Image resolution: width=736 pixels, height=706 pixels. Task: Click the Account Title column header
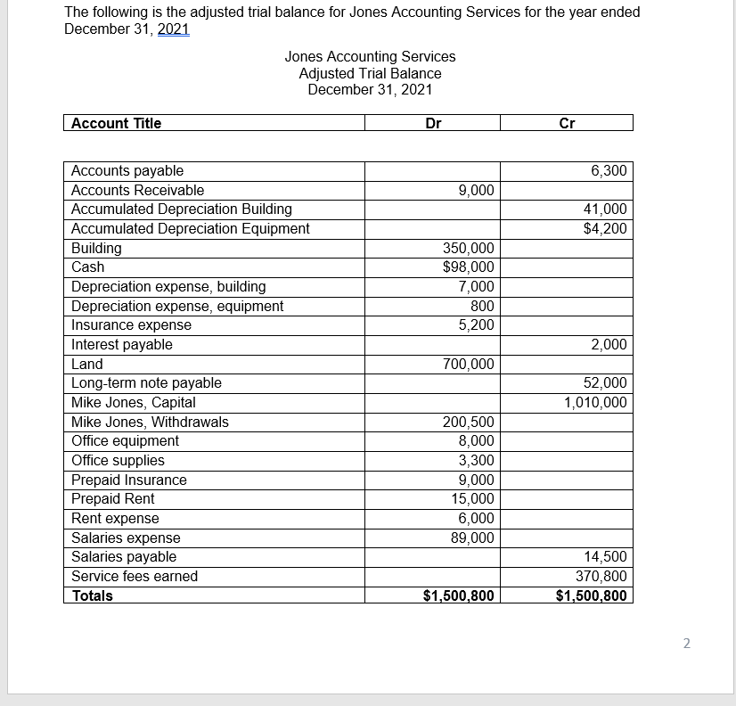click(117, 123)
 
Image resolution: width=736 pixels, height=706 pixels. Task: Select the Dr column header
click(433, 123)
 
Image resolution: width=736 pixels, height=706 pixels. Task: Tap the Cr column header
click(567, 123)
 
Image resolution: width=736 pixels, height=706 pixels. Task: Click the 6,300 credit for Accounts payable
click(609, 170)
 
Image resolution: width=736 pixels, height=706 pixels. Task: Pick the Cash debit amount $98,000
click(469, 267)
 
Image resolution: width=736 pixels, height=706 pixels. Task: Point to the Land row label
click(87, 364)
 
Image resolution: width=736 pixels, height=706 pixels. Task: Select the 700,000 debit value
click(469, 364)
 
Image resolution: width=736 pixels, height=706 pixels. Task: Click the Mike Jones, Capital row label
click(134, 402)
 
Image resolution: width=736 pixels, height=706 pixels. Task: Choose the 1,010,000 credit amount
click(595, 402)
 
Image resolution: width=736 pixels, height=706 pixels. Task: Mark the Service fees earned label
click(135, 576)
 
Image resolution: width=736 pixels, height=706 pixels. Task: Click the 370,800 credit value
click(603, 576)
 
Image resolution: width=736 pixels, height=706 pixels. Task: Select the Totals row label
click(93, 595)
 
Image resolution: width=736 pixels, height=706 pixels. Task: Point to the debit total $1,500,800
click(458, 595)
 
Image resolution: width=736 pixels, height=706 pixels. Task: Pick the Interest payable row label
click(122, 344)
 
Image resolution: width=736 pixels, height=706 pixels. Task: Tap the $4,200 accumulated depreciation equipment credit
click(605, 228)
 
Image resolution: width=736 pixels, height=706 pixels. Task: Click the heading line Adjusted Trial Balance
click(370, 73)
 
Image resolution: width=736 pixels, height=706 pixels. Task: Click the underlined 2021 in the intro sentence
click(174, 29)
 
